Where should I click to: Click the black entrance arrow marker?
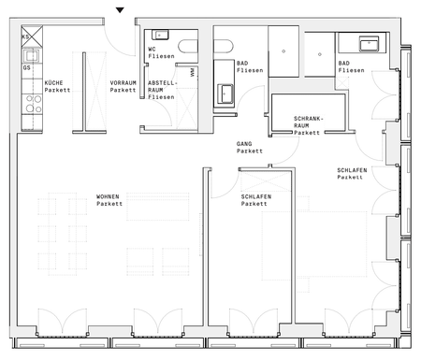[119, 10]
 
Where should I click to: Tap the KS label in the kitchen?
[27, 36]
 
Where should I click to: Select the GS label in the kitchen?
[27, 68]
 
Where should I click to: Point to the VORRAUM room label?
[123, 86]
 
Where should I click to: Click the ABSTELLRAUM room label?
[161, 89]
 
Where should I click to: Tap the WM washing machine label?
[192, 71]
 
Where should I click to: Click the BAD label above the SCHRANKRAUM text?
[351, 67]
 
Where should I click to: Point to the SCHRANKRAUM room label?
[308, 126]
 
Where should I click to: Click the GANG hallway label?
[249, 147]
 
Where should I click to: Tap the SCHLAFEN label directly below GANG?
[255, 200]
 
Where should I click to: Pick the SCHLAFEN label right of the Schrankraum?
[353, 174]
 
